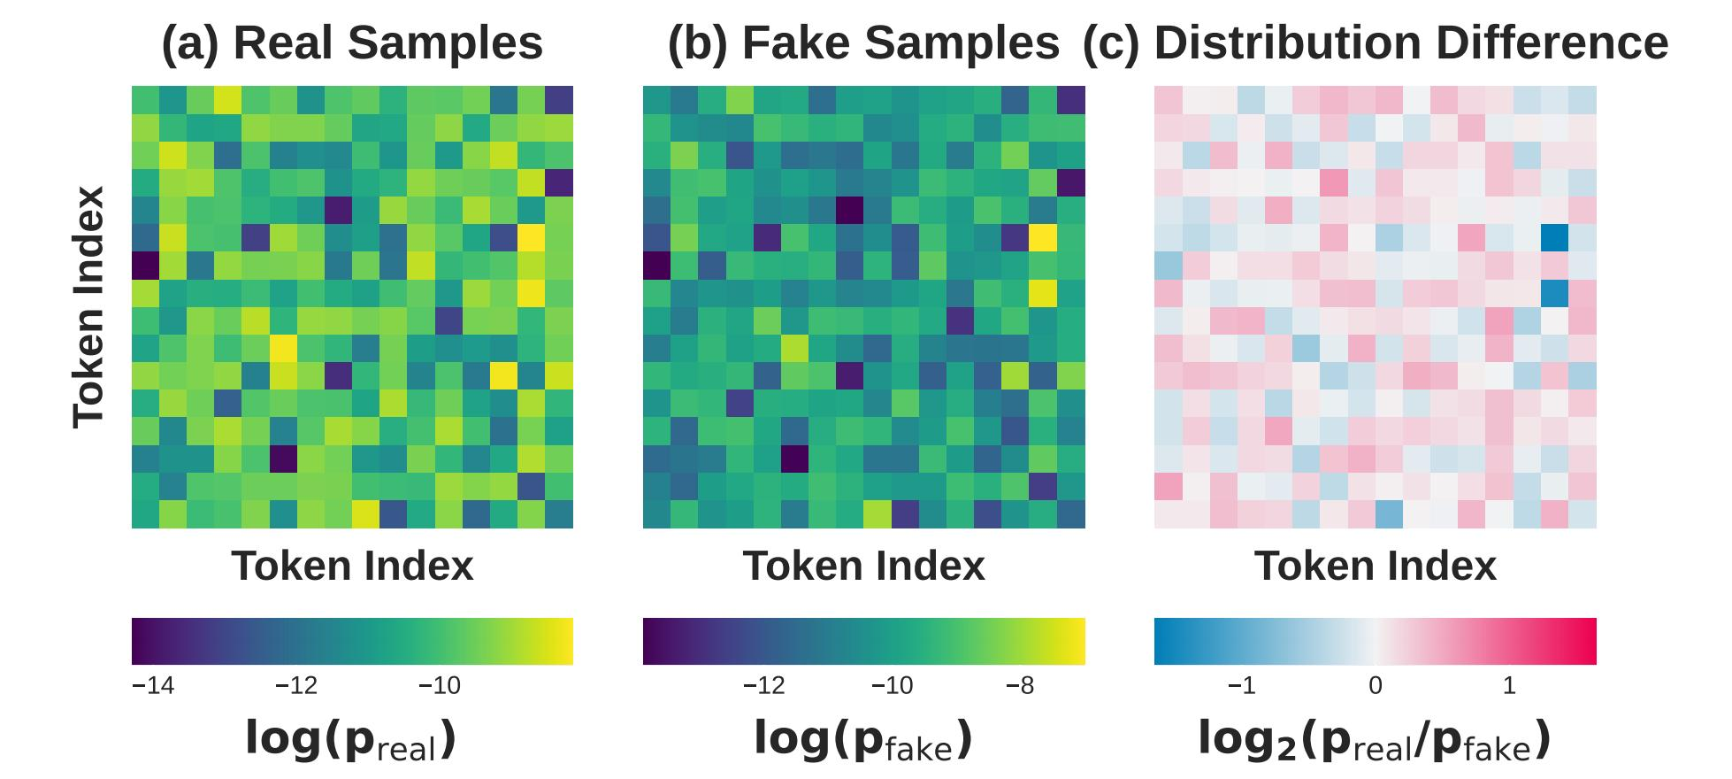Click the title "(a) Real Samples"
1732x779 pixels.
click(x=352, y=42)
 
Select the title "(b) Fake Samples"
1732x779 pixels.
click(x=863, y=42)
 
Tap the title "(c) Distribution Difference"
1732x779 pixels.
click(x=1376, y=42)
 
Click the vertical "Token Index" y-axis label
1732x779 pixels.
click(x=89, y=307)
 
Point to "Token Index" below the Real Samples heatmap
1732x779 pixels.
click(x=352, y=566)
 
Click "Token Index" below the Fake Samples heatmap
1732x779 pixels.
click(x=863, y=566)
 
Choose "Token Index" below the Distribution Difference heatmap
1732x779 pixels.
click(x=1376, y=566)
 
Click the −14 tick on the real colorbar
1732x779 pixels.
click(x=153, y=686)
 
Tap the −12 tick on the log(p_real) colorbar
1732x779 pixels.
click(x=296, y=686)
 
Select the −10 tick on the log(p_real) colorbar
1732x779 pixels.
click(x=440, y=686)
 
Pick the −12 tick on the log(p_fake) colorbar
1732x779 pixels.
click(x=763, y=686)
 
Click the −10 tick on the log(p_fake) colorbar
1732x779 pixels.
click(x=892, y=686)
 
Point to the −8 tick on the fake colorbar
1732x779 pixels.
click(x=1020, y=686)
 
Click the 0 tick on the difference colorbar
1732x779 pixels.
click(x=1376, y=686)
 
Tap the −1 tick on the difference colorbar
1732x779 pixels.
click(x=1242, y=686)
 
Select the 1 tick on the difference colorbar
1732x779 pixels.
click(x=1509, y=686)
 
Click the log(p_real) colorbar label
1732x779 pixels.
click(x=351, y=740)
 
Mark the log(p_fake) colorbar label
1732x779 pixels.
click(x=863, y=740)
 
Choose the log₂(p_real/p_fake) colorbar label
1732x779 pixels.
click(x=1376, y=740)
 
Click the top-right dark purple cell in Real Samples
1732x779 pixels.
click(x=559, y=100)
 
